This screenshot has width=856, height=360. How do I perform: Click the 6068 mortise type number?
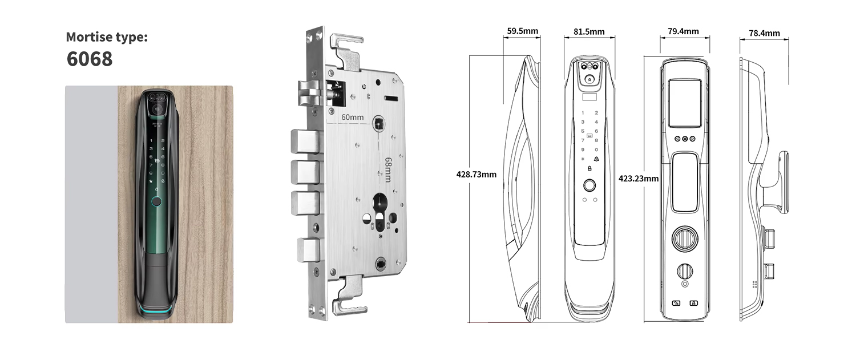90,59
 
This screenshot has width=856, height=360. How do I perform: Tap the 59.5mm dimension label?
522,31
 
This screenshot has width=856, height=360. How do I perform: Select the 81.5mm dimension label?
589,32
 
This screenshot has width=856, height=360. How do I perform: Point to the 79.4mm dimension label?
683,31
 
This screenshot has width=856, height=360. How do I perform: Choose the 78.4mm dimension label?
764,33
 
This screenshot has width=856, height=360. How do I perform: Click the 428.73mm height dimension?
476,175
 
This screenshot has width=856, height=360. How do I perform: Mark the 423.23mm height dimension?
639,179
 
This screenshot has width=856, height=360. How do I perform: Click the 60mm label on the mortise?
352,118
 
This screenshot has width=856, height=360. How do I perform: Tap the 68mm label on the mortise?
388,169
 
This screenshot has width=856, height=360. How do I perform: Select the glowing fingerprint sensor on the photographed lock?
156,201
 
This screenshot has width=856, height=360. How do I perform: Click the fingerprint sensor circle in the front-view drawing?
589,186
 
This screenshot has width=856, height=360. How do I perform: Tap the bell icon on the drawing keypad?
596,159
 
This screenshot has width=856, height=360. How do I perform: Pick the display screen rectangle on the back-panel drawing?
684,103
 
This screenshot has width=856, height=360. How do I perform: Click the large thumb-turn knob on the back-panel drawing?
684,239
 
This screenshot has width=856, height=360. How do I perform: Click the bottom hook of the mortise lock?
349,294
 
